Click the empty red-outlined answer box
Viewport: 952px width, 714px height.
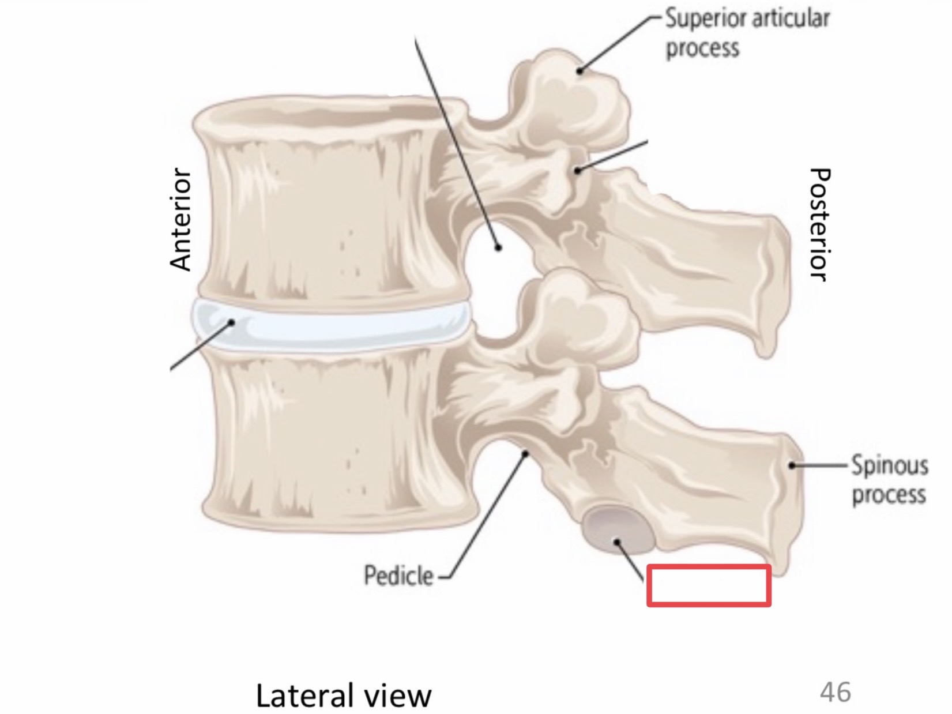[709, 585]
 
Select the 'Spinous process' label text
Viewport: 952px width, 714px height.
[889, 480]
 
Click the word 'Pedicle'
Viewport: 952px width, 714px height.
[398, 576]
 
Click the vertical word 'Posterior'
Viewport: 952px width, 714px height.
[820, 225]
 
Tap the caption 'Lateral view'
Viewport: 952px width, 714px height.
[344, 695]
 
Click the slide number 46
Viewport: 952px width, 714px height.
[836, 692]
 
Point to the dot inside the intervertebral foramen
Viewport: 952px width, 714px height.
[499, 247]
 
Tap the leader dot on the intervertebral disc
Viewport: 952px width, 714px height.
[232, 322]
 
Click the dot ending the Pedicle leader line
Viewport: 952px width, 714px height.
[525, 453]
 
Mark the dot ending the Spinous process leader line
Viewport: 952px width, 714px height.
[792, 465]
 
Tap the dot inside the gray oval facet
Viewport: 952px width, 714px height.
[617, 542]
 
